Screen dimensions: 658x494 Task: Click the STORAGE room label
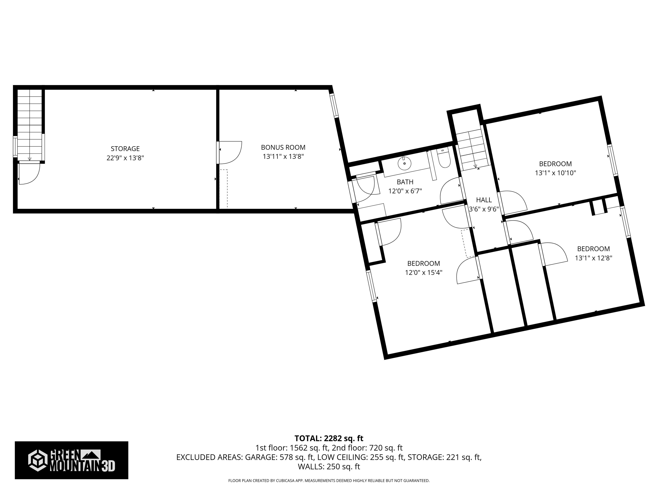pos(125,149)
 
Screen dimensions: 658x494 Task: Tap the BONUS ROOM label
pos(283,147)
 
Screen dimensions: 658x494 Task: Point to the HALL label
pos(484,200)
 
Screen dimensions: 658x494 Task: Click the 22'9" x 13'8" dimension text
pos(125,158)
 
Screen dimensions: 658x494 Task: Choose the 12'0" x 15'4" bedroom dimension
pos(424,273)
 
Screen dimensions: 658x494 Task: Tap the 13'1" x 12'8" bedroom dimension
pos(594,258)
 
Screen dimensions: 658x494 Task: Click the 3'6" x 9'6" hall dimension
pos(484,209)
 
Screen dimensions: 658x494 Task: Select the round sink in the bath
pos(405,163)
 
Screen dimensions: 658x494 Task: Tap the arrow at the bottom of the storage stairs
pos(29,159)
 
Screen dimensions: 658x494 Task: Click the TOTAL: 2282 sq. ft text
pos(329,438)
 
